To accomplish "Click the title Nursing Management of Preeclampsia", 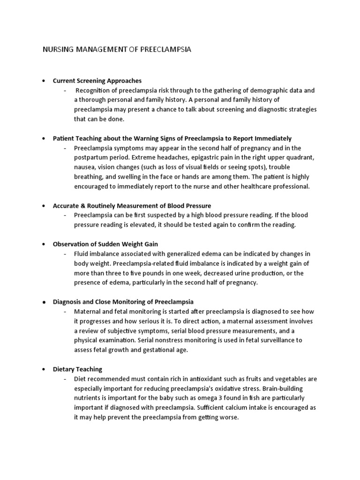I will coord(117,49).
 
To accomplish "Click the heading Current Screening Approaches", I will coord(97,81).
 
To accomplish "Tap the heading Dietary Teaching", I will coord(77,369).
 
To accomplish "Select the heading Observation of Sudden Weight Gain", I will coord(105,244).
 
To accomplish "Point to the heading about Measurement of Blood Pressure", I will coord(132,206).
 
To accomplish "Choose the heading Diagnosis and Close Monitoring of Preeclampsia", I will coord(123,302).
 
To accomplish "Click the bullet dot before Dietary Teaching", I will coord(44,369).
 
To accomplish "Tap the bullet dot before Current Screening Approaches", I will coord(44,81).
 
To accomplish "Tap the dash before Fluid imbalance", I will coord(65,254).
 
